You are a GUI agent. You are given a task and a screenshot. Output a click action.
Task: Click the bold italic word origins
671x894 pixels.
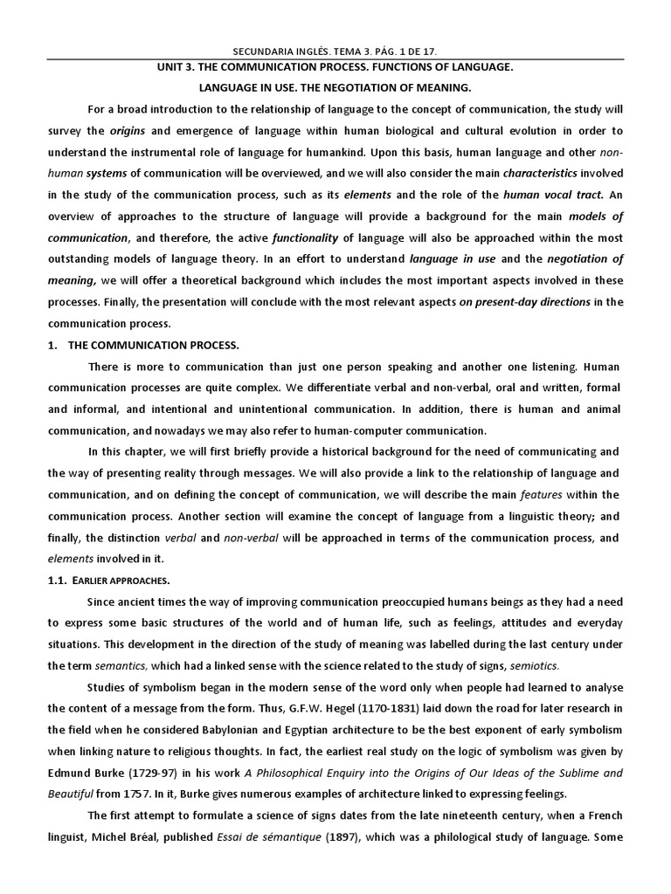click(x=128, y=131)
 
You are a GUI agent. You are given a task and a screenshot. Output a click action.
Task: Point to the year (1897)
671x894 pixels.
click(x=383, y=857)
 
